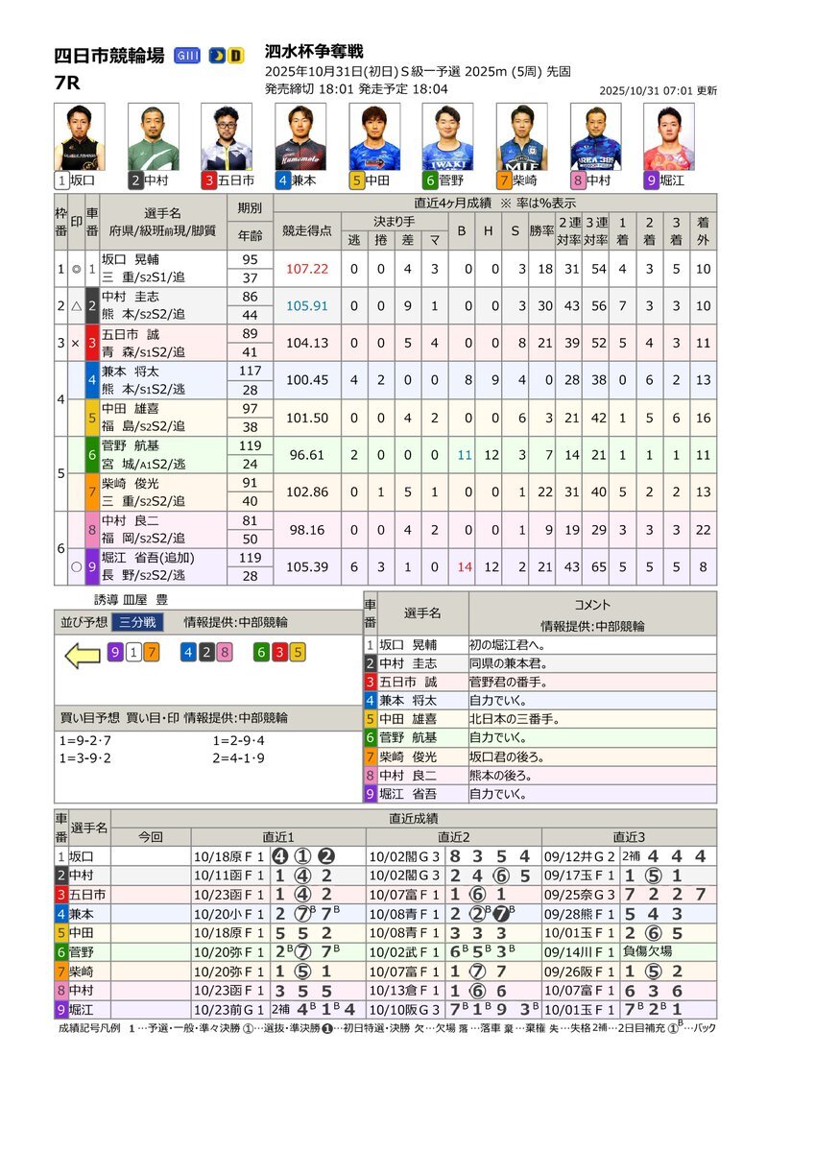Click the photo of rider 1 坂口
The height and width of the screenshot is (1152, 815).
(x=79, y=137)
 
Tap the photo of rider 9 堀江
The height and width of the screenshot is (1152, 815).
(x=669, y=137)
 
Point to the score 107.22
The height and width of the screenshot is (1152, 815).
(x=306, y=270)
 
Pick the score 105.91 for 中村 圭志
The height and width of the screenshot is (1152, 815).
(x=306, y=306)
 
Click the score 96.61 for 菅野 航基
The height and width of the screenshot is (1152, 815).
(x=306, y=454)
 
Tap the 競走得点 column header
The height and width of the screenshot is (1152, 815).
(x=306, y=231)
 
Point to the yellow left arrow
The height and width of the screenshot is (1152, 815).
(x=83, y=656)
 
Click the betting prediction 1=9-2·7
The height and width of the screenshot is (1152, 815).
(x=85, y=740)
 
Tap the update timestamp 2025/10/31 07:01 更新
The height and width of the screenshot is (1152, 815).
(x=658, y=90)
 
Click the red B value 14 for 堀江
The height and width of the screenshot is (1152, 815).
(x=465, y=565)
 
